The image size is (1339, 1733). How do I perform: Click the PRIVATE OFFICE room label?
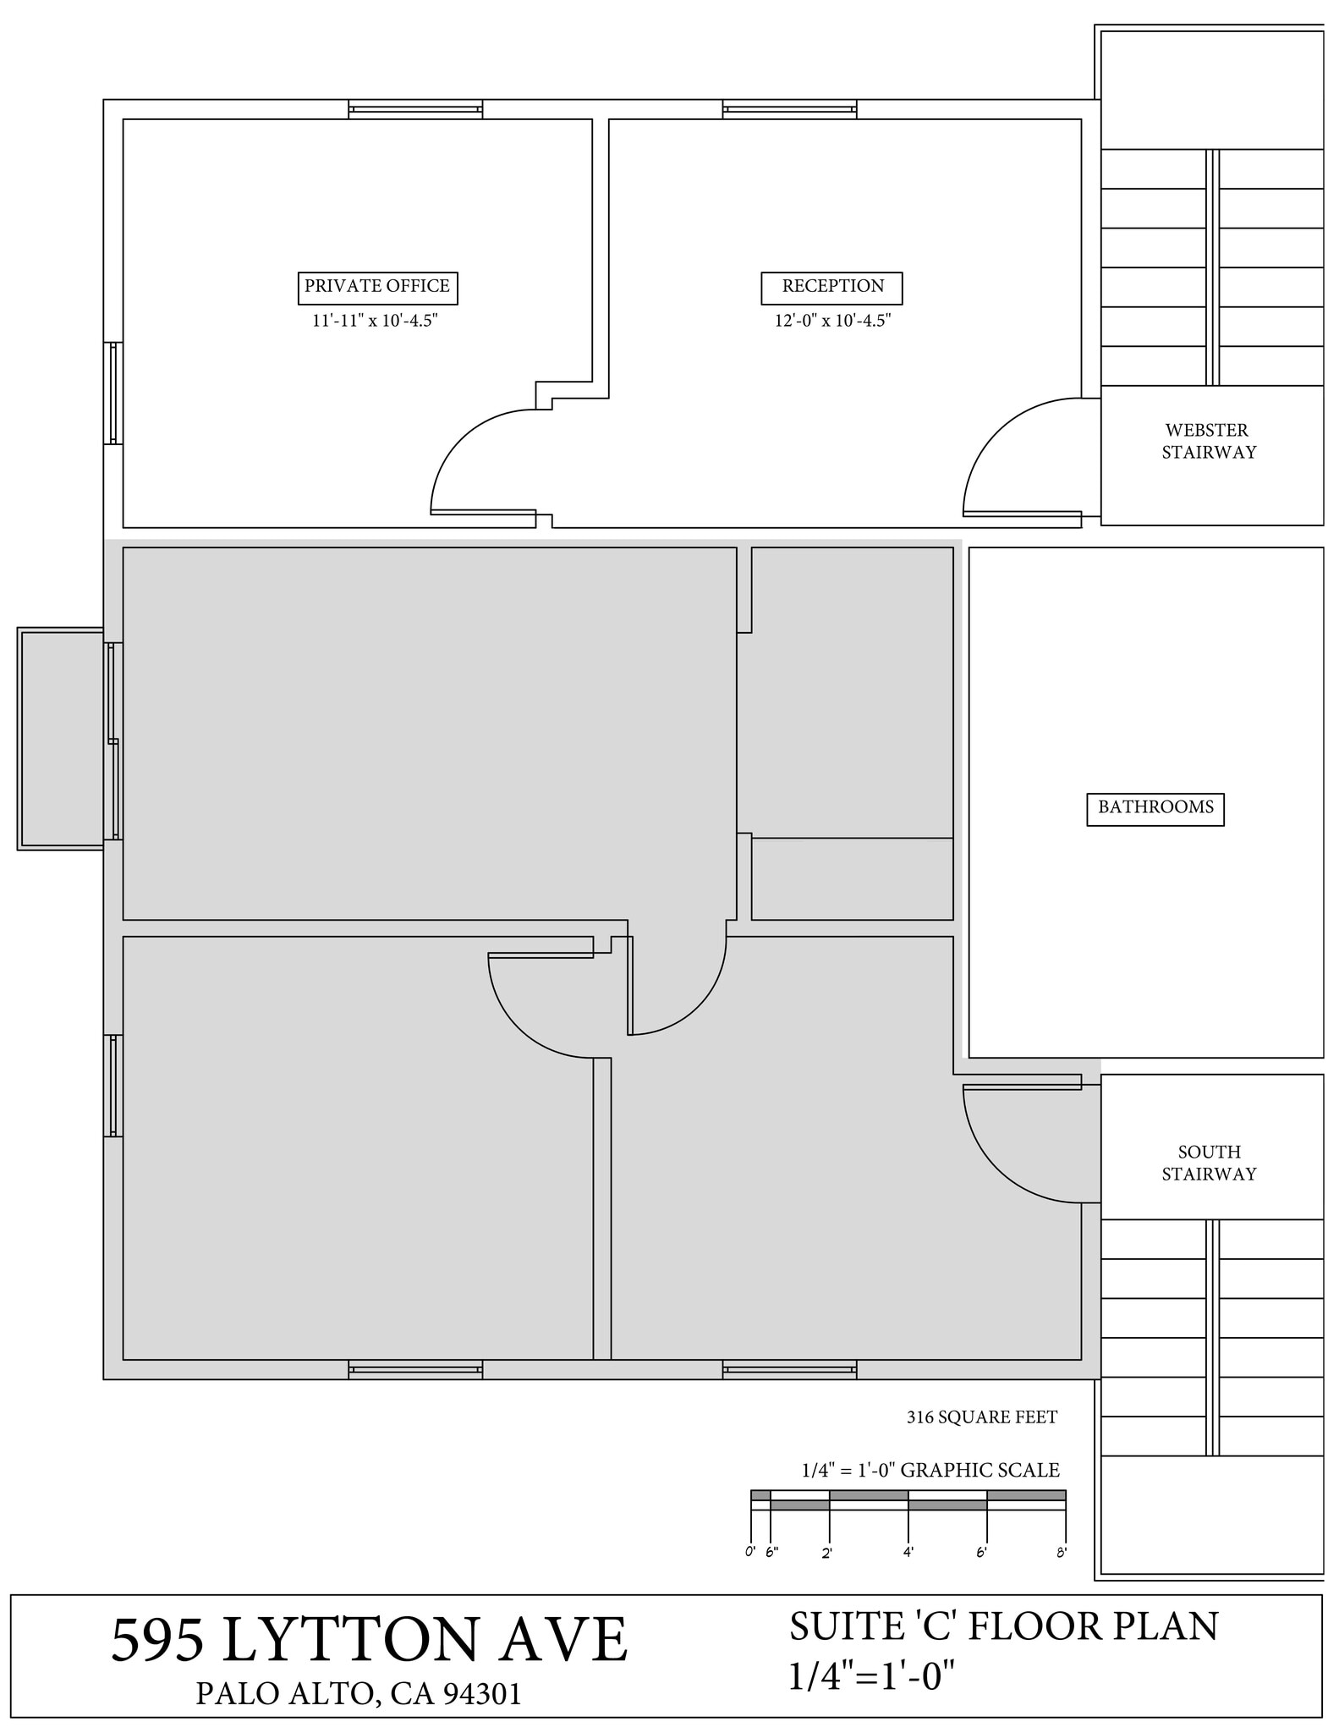coord(377,287)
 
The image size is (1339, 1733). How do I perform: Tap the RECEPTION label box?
coord(831,287)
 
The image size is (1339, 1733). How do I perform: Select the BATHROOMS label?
coord(1155,808)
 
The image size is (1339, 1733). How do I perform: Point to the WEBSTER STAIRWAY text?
coord(1208,441)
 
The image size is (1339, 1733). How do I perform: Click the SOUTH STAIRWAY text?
coord(1208,1163)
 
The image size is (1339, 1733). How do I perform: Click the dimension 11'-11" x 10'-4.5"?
coord(375,321)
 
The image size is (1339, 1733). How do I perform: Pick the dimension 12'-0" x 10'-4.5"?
coord(832,321)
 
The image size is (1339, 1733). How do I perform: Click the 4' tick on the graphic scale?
coord(908,1552)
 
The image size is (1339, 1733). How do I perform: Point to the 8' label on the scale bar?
coord(1061,1553)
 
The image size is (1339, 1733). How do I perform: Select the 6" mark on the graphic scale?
coord(771,1552)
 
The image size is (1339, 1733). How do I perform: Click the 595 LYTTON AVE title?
coord(370,1639)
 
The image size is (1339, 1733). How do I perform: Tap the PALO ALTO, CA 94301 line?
coord(359,1693)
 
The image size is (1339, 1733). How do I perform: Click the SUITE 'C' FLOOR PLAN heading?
coord(1003,1626)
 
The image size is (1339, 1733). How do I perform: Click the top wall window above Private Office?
coord(415,109)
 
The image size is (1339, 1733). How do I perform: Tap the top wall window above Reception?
coord(789,109)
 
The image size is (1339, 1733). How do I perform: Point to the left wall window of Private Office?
coord(113,393)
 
